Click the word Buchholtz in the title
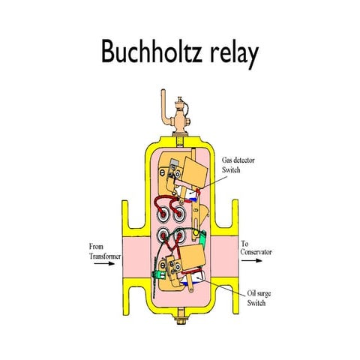click(x=151, y=51)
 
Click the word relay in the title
click(x=234, y=54)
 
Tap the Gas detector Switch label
click(x=238, y=165)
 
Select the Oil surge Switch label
click(x=259, y=298)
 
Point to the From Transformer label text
click(x=105, y=251)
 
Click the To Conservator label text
click(x=256, y=247)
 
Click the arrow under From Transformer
click(x=104, y=263)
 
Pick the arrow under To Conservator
click(x=252, y=260)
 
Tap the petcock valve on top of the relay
click(x=180, y=116)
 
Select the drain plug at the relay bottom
click(x=181, y=316)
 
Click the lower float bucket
click(x=193, y=257)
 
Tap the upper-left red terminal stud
click(x=163, y=214)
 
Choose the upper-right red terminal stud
click(x=179, y=214)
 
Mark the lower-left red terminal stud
click(x=163, y=235)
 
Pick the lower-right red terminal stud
click(x=179, y=235)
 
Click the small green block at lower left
click(x=159, y=275)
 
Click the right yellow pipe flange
click(x=225, y=257)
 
